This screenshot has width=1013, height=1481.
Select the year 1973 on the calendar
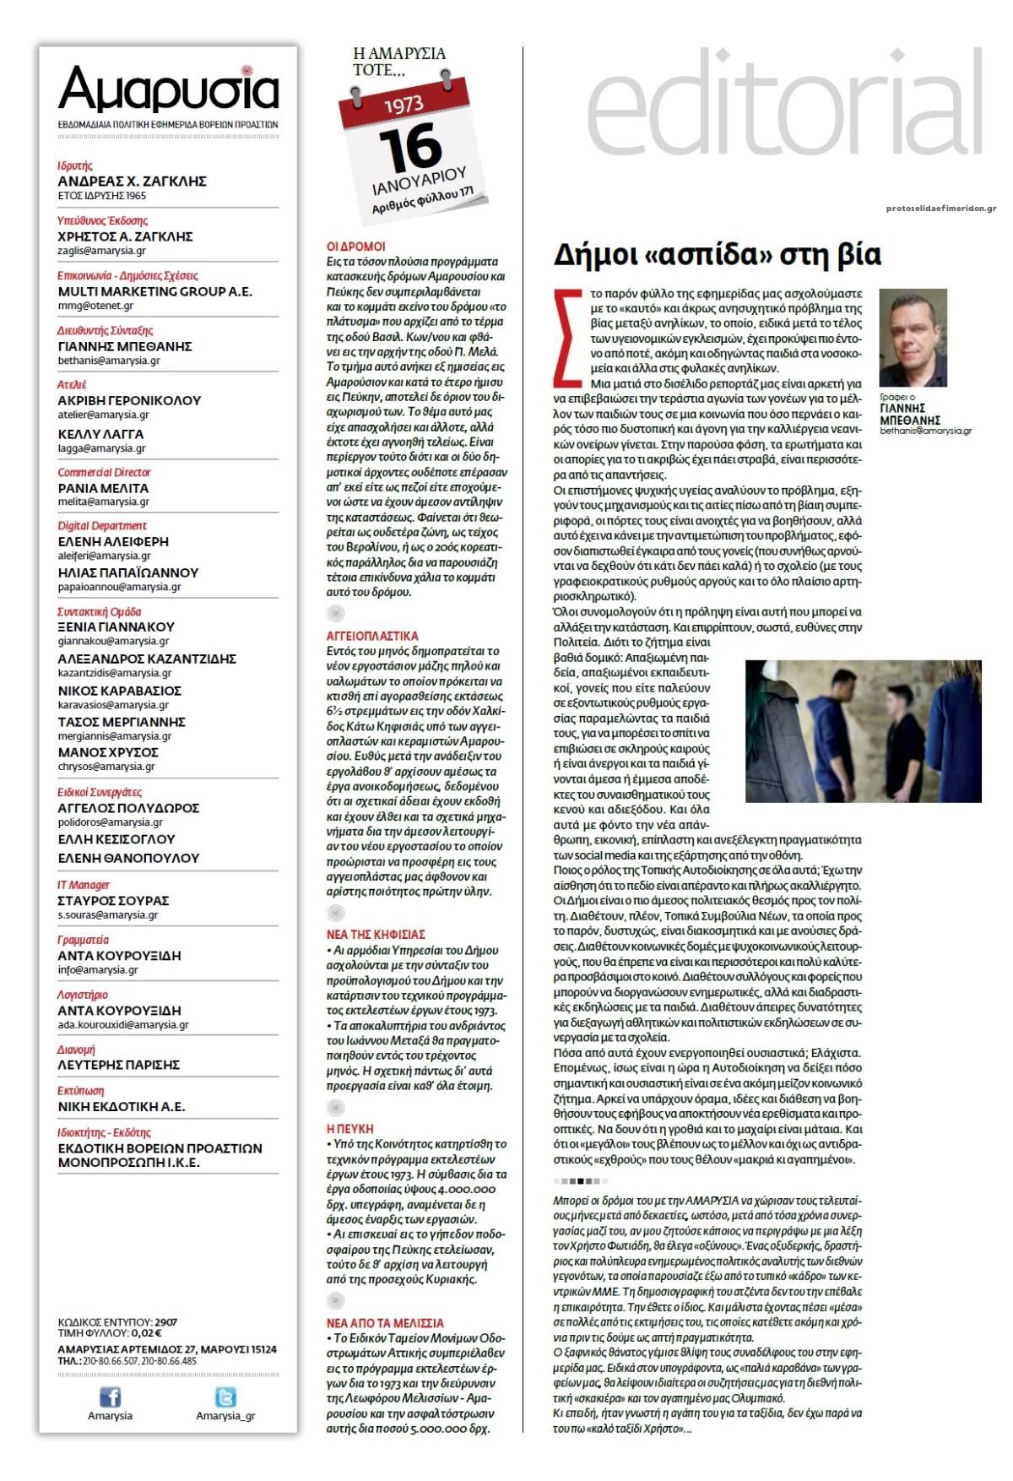404,106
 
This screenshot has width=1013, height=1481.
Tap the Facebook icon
110,1397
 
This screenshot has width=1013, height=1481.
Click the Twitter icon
225,1397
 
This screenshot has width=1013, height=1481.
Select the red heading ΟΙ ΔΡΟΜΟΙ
355,247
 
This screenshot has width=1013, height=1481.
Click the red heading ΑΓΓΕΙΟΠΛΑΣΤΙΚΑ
372,636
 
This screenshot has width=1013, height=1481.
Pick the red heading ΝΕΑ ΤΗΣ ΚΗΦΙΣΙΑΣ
376,935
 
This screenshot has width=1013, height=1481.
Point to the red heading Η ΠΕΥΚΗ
349,1129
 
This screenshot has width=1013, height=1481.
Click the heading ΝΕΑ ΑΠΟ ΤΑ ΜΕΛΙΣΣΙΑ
385,1323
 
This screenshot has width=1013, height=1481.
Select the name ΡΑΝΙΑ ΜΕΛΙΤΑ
103,488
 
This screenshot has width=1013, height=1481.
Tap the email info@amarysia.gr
97,970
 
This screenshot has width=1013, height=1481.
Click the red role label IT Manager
84,885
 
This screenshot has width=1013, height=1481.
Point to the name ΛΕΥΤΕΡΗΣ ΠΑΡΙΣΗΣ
119,1065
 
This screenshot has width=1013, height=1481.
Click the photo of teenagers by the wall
863,731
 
